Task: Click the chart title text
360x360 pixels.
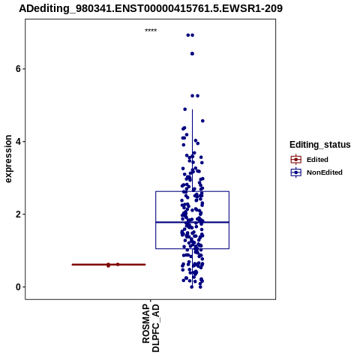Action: coord(151,8)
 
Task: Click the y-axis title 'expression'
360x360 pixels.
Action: coord(8,159)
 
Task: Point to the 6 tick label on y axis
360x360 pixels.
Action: coord(18,69)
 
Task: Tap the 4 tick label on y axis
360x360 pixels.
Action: coord(18,142)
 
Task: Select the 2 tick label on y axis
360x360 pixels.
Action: coord(18,214)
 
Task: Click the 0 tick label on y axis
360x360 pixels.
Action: coord(18,287)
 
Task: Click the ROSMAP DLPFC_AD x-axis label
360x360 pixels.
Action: coord(151,328)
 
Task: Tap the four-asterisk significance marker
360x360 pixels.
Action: coord(151,31)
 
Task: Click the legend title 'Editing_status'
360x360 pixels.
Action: coord(320,145)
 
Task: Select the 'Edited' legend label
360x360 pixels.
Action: coord(317,160)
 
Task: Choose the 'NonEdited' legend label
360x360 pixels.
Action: coord(325,172)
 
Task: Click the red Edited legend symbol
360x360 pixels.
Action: coord(296,160)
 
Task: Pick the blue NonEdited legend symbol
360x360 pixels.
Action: coord(296,172)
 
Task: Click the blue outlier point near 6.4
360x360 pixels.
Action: coord(192,54)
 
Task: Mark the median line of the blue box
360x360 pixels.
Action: coord(192,222)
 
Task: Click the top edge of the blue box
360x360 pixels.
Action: coord(192,191)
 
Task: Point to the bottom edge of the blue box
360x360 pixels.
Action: coord(192,249)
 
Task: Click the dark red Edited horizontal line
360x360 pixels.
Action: coord(109,265)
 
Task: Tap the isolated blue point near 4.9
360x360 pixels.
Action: coord(185,109)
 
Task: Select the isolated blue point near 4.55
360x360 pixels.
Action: coord(202,121)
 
